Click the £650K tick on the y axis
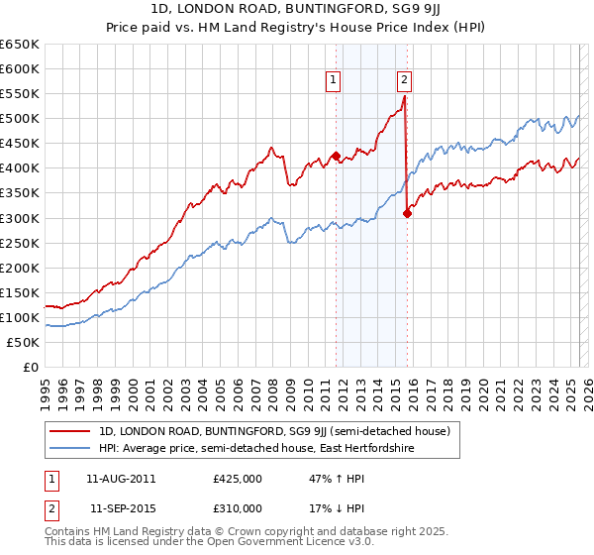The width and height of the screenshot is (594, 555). [20, 45]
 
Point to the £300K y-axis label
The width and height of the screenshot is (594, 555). [20, 218]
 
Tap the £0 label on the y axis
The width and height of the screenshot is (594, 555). [31, 367]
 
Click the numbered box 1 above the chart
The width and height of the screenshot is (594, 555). [334, 81]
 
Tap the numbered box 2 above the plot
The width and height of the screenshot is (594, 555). [405, 81]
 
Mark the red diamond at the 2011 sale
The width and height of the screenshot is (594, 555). [336, 156]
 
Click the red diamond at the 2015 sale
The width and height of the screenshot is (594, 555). [407, 212]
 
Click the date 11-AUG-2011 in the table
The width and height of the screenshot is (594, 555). [121, 479]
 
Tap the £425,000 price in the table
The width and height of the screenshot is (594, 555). [237, 479]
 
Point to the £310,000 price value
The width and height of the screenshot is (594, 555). [237, 508]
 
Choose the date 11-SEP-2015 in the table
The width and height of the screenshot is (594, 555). [121, 508]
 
